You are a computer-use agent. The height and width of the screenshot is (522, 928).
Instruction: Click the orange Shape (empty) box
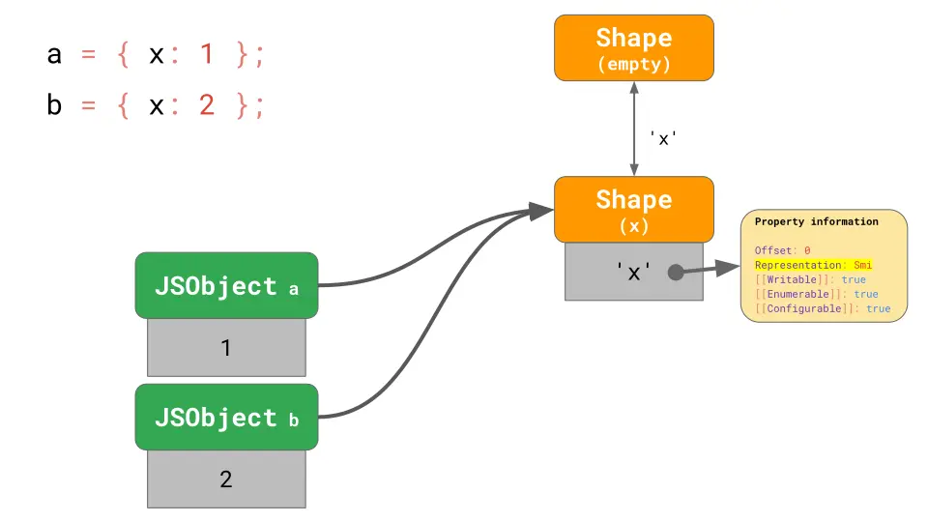[x=633, y=47]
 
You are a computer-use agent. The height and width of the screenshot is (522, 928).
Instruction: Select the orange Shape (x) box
[x=633, y=209]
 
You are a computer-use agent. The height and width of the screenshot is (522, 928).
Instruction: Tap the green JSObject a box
[x=226, y=286]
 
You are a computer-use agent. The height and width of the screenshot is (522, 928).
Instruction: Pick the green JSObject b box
[x=226, y=418]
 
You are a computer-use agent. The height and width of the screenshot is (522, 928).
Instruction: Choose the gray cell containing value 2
[x=226, y=479]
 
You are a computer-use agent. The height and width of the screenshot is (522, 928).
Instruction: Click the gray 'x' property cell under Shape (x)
[x=633, y=273]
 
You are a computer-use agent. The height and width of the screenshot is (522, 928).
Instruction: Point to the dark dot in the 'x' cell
[x=676, y=273]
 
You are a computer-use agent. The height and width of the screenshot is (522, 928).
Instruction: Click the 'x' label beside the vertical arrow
[x=663, y=138]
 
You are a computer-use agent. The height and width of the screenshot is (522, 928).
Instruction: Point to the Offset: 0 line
[x=782, y=250]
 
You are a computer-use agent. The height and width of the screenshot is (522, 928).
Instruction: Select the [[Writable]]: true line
[x=810, y=279]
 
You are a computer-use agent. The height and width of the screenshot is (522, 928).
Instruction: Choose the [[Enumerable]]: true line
[x=816, y=294]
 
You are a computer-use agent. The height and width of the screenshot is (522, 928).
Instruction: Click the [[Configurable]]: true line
[x=822, y=308]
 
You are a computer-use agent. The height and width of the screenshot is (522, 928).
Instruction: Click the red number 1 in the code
[x=206, y=55]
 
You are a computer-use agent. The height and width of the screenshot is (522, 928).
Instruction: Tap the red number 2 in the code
[x=206, y=105]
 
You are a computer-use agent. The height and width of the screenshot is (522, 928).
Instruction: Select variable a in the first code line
[x=54, y=55]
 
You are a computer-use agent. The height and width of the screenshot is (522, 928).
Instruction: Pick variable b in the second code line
[x=54, y=104]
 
